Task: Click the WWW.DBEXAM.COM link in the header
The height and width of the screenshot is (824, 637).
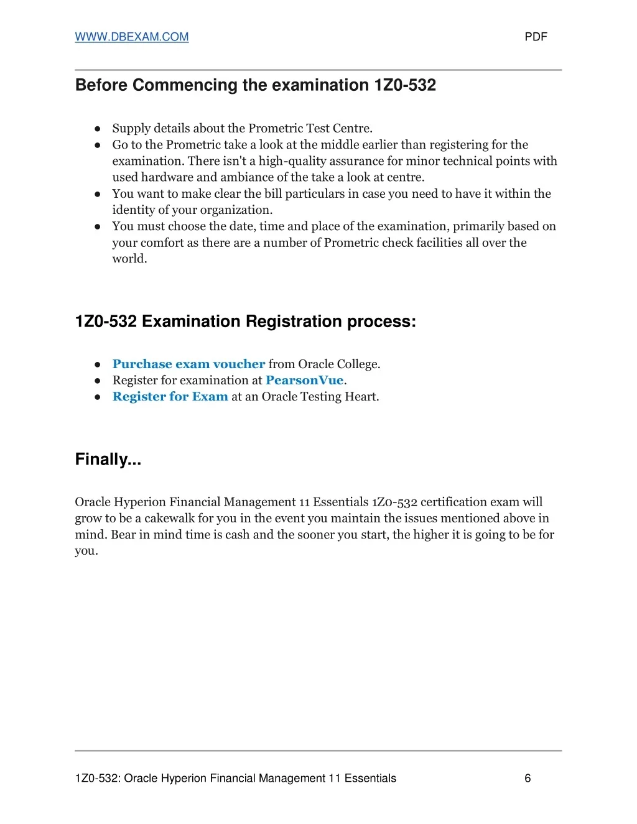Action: pyautogui.click(x=131, y=37)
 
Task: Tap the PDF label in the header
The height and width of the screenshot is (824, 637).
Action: pyautogui.click(x=536, y=37)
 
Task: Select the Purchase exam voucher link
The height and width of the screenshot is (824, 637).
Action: pyautogui.click(x=188, y=364)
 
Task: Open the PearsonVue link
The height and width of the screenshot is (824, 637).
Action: pyautogui.click(x=304, y=380)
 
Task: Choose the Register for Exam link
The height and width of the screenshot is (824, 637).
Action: pyautogui.click(x=170, y=396)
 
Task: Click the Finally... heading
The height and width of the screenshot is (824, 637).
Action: pyautogui.click(x=108, y=460)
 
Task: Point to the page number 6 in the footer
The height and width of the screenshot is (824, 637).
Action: pyautogui.click(x=528, y=778)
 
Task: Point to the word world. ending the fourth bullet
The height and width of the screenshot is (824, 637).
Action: pyautogui.click(x=129, y=259)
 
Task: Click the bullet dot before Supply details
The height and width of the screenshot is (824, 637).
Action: pyautogui.click(x=98, y=129)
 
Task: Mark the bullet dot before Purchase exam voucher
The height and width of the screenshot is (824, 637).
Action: pyautogui.click(x=98, y=364)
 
